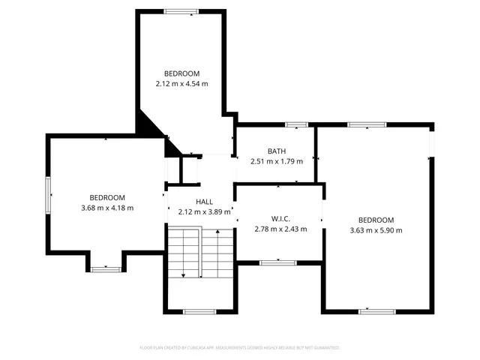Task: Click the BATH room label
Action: click(276, 151)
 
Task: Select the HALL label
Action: click(205, 202)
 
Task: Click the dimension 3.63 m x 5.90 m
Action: click(376, 230)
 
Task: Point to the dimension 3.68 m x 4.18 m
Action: click(107, 208)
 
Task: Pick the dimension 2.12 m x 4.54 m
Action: click(182, 83)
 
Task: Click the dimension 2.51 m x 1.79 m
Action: click(276, 161)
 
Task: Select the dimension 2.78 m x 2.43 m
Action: click(280, 229)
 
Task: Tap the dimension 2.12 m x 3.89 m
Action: click(205, 212)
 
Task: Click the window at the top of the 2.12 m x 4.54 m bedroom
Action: click(181, 11)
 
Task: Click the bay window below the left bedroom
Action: click(106, 268)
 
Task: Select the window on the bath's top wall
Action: click(296, 124)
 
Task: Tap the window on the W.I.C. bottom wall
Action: click(277, 262)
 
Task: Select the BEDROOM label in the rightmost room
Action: click(376, 220)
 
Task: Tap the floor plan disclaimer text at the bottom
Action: click(240, 348)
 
